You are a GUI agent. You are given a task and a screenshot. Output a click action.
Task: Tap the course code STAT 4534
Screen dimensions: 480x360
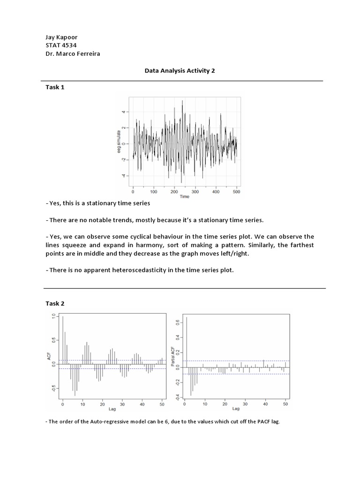(61, 45)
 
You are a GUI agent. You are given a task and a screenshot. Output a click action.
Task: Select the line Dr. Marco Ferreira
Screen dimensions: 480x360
(73, 53)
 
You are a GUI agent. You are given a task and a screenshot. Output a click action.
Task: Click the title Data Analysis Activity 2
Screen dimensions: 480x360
(178, 70)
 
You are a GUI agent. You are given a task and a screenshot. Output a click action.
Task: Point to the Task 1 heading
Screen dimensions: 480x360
(55, 87)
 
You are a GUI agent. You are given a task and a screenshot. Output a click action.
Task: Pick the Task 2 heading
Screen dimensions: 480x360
(55, 303)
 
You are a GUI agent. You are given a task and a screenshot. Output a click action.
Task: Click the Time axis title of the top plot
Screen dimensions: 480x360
(185, 197)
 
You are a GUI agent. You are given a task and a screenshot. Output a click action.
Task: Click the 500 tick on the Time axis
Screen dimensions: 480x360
(237, 192)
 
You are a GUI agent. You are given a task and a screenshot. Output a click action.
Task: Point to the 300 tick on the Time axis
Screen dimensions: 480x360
(195, 192)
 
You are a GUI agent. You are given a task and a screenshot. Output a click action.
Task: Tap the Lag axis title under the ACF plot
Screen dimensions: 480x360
(112, 409)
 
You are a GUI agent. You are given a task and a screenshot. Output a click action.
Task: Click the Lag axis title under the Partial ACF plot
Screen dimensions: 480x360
(234, 409)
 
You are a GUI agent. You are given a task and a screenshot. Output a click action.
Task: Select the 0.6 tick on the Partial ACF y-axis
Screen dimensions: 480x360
(177, 322)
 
